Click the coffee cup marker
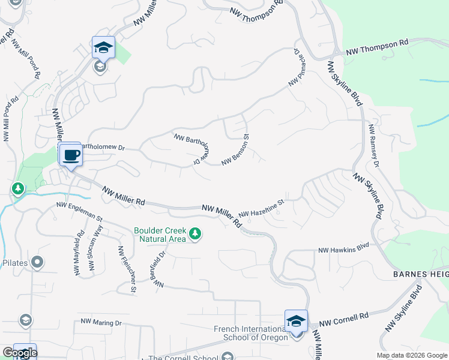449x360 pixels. [71, 155]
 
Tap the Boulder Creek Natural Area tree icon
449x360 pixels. [195, 234]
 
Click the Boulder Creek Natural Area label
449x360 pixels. [160, 234]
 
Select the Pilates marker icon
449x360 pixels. [37, 262]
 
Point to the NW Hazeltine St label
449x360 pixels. [261, 208]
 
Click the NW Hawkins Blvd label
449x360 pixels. [343, 248]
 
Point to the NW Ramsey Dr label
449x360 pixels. [374, 146]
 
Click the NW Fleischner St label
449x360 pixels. [126, 270]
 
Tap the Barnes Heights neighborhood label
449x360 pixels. [420, 274]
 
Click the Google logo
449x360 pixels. [19, 353]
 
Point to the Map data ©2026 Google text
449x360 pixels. [412, 355]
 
